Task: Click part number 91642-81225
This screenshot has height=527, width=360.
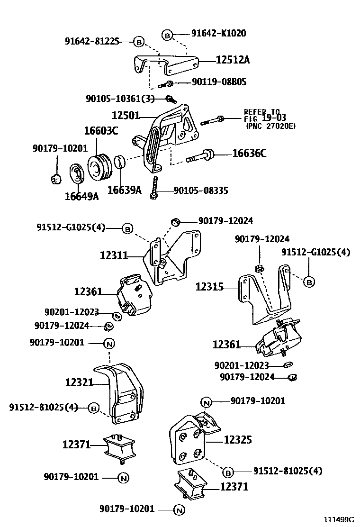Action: pos(92,41)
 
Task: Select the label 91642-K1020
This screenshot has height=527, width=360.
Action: pos(218,34)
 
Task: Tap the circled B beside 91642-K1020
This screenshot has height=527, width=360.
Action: pos(167,34)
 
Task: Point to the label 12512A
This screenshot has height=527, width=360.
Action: pos(233,60)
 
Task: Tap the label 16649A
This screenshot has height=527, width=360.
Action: pos(81,196)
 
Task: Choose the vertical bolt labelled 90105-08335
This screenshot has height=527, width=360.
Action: pos(154,187)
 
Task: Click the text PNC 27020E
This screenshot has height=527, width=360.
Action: pos(270,126)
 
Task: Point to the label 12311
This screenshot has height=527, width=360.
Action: pos(114,256)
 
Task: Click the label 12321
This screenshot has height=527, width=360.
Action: pos(79,382)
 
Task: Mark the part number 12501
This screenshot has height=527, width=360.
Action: pos(126,115)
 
